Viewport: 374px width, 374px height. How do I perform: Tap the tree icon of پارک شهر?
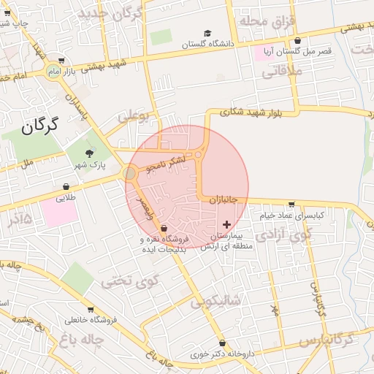click(x=89, y=153)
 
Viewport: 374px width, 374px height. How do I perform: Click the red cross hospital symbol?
click(x=226, y=224)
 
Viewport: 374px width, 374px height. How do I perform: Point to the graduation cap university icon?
click(x=207, y=34)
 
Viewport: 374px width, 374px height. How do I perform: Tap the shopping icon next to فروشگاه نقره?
click(x=162, y=229)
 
